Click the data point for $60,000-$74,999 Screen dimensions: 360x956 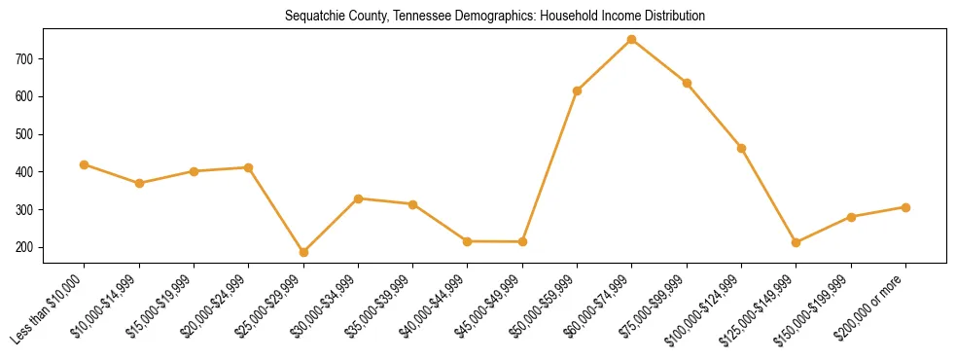[x=632, y=40]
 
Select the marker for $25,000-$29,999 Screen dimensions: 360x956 [x=303, y=252]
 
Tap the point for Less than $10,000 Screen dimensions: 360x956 [x=85, y=164]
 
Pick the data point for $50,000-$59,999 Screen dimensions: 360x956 [x=578, y=90]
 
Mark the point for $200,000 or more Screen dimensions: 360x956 [x=905, y=207]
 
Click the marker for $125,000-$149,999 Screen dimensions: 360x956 [x=797, y=242]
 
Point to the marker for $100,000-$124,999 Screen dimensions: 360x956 [x=741, y=148]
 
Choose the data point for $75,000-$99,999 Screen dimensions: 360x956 [x=687, y=83]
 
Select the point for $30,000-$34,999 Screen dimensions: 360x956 [x=358, y=198]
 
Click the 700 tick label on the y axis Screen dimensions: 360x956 [x=25, y=59]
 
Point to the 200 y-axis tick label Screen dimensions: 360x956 [x=25, y=248]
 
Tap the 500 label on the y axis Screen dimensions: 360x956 [x=25, y=134]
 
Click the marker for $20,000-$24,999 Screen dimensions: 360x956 [x=249, y=167]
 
